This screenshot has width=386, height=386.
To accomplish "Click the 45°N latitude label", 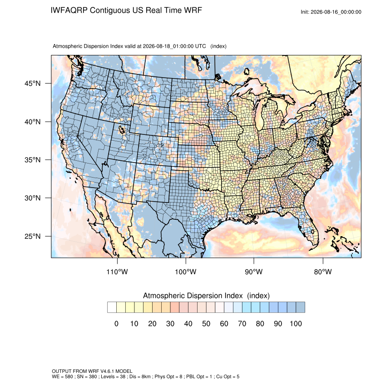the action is coord(32,84).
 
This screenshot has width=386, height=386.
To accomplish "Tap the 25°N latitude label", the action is coord(32,236).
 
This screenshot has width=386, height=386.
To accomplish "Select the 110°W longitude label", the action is coord(117,272).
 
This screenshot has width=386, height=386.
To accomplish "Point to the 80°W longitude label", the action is coord(323,272).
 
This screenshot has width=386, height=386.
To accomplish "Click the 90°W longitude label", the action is coord(253,272).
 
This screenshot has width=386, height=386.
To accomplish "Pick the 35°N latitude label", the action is coord(32,160).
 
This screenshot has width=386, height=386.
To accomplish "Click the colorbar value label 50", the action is coord(206,323).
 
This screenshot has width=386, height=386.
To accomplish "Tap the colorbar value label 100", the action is coord(296,323).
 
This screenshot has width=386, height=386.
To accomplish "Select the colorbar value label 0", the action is coord(116,323).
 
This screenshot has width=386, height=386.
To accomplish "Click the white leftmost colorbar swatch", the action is coord(112,307).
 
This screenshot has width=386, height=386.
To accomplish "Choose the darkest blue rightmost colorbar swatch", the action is coord(300,307).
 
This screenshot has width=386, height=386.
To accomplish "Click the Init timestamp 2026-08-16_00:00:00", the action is coord(336,12).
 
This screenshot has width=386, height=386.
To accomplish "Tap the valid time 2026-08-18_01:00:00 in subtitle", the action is coord(174,46).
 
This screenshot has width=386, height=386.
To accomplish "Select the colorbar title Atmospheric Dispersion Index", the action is coord(193,296).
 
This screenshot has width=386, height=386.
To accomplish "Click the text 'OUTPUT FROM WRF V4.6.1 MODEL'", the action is coord(92,371).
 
